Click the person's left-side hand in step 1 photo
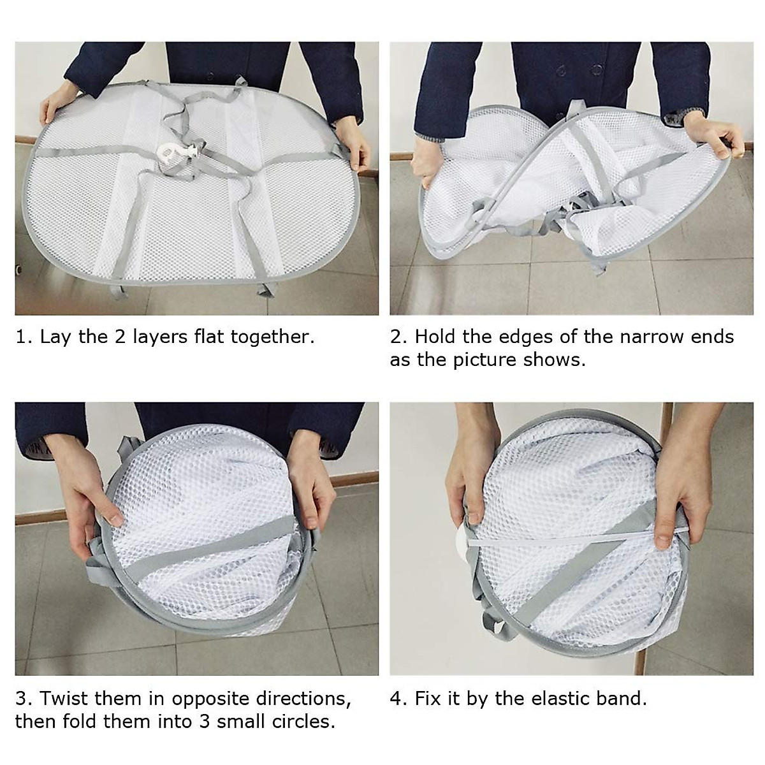tap(54, 105)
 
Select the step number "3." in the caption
tap(24, 699)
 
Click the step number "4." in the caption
tap(399, 699)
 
